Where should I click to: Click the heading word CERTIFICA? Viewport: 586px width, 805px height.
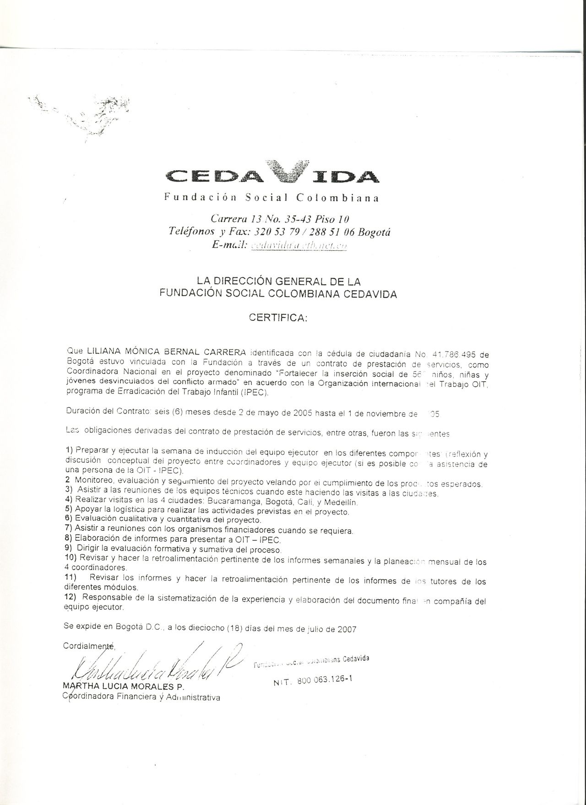point(278,318)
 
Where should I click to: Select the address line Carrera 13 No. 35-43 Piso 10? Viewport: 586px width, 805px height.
point(280,220)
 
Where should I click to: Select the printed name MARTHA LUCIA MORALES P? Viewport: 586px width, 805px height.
point(123,687)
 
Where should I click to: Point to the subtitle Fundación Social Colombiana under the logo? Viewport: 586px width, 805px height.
point(272,198)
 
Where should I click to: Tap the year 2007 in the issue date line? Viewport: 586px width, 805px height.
point(347,629)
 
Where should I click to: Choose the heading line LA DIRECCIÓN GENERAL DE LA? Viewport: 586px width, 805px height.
point(278,281)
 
